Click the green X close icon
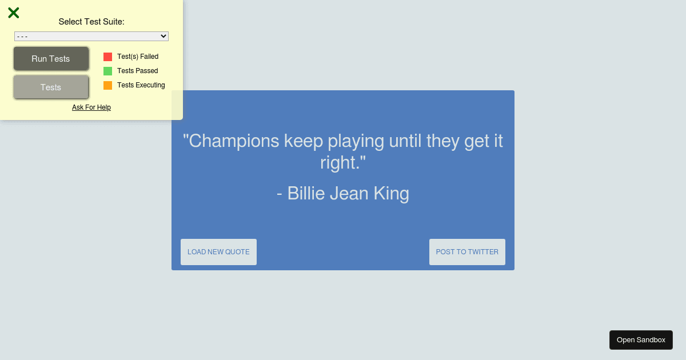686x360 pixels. coord(14,13)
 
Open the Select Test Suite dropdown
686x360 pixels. coord(91,36)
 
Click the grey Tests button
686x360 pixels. coord(51,87)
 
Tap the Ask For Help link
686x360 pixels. coord(91,107)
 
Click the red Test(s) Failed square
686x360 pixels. coord(108,57)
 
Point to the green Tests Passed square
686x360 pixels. coord(108,71)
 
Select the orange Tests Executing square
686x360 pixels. coord(108,85)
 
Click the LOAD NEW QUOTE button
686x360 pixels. coord(218,252)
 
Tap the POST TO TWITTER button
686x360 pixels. coord(468,252)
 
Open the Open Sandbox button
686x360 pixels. coord(641,340)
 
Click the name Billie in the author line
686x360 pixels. coord(306,193)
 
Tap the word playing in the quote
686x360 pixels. coord(356,141)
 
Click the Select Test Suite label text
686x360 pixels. coord(91,22)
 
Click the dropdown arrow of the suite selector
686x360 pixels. coord(163,36)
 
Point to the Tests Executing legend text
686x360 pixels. coord(141,85)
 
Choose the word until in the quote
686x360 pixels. coord(405,141)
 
